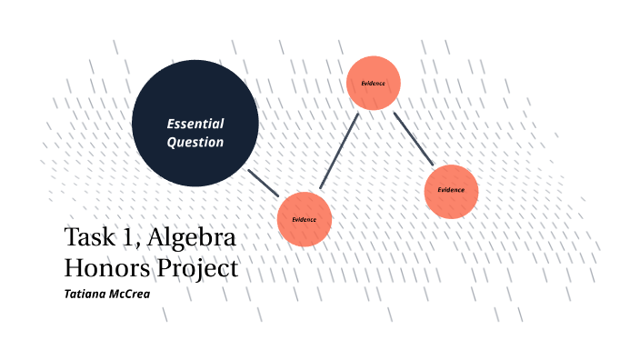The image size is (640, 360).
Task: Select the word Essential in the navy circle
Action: click(x=195, y=123)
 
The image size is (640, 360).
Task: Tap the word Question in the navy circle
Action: click(x=195, y=143)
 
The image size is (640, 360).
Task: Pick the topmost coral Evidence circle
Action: click(x=374, y=84)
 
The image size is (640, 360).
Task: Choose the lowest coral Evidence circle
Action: click(x=304, y=219)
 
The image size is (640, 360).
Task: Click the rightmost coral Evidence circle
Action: click(x=451, y=191)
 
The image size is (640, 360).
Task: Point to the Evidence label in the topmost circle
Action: click(x=374, y=84)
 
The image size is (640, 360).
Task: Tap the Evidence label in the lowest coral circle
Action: click(x=304, y=220)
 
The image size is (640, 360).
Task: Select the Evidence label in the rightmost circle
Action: click(x=451, y=190)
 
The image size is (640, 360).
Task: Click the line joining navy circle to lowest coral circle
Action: click(x=264, y=182)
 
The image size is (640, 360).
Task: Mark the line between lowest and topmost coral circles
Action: click(x=338, y=152)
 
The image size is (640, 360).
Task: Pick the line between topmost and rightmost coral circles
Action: click(x=413, y=138)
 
